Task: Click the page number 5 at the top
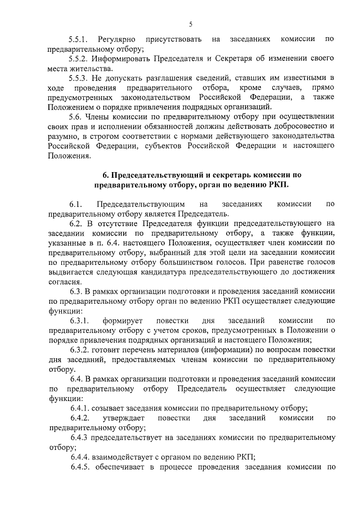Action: coord(191,24)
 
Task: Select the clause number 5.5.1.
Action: coord(79,39)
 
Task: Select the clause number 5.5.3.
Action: coord(79,78)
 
